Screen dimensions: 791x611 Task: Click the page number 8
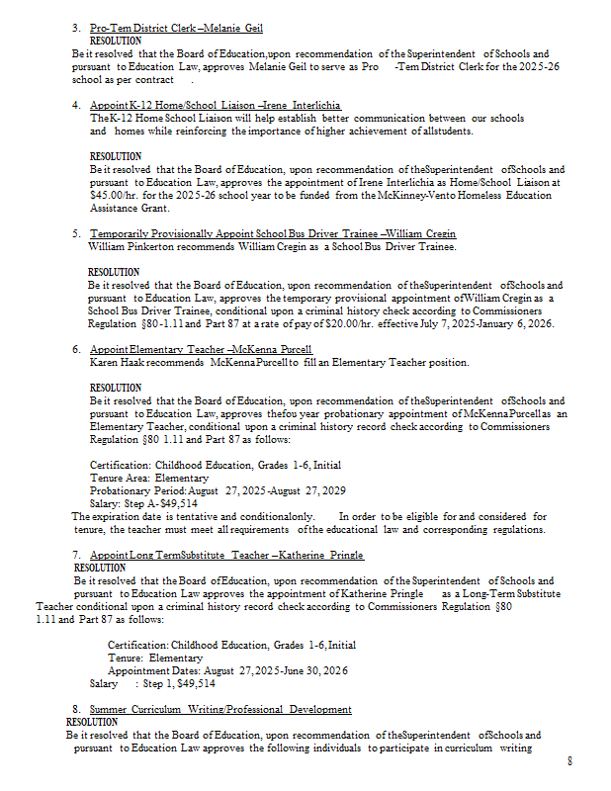pos(569,760)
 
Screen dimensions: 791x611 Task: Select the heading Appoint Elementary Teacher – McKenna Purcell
pos(201,350)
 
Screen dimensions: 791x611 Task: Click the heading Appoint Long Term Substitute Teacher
pos(226,556)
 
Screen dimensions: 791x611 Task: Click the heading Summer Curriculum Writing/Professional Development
pos(220,710)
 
